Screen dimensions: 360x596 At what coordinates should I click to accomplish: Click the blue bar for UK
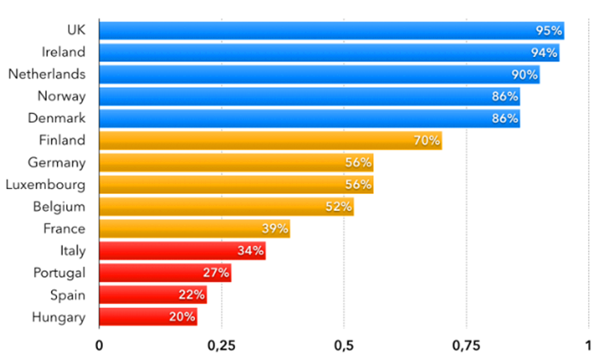[332, 31]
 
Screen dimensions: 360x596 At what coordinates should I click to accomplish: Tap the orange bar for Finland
[271, 140]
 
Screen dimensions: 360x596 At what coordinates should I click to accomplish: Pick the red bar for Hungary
[148, 317]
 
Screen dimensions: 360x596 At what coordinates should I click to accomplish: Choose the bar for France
[195, 229]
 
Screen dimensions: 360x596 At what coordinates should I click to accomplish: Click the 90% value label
[525, 75]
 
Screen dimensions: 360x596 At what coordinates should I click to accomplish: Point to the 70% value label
[427, 140]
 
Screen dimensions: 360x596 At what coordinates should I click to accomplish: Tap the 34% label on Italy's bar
[252, 251]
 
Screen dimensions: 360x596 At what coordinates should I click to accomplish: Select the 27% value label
[216, 273]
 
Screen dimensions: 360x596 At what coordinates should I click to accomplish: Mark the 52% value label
[339, 207]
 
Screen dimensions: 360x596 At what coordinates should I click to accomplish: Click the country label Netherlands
[47, 74]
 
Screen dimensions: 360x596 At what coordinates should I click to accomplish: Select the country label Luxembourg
[46, 184]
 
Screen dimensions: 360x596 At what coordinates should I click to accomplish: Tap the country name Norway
[61, 96]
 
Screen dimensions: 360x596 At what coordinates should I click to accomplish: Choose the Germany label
[57, 162]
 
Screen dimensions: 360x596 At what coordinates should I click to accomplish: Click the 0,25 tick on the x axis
[221, 346]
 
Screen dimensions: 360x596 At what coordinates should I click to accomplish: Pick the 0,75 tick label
[467, 346]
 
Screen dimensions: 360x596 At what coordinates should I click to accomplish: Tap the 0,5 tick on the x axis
[344, 346]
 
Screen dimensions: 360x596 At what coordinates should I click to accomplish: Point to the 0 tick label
[99, 346]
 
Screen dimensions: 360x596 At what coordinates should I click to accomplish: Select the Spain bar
[153, 295]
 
